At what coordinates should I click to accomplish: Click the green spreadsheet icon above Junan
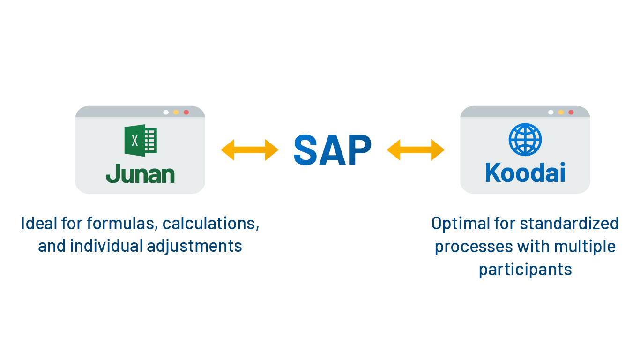click(x=140, y=140)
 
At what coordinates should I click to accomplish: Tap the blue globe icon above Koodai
click(x=525, y=140)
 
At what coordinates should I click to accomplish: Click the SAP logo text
click(x=332, y=150)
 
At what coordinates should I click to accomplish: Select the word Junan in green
click(x=140, y=174)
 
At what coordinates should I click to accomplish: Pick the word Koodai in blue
click(x=525, y=173)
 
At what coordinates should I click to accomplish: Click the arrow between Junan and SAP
click(x=250, y=150)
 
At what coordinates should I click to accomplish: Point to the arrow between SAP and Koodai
click(x=416, y=150)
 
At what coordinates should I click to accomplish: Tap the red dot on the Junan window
click(x=186, y=112)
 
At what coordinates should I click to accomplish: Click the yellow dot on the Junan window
click(x=176, y=112)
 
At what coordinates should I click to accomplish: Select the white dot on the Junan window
click(x=166, y=112)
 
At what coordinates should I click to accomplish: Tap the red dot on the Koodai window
click(x=571, y=112)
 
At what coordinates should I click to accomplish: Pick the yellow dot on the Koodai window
click(x=561, y=112)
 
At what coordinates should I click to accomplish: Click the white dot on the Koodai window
click(x=551, y=112)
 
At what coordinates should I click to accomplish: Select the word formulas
click(x=126, y=223)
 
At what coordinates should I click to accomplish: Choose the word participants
click(x=525, y=270)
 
